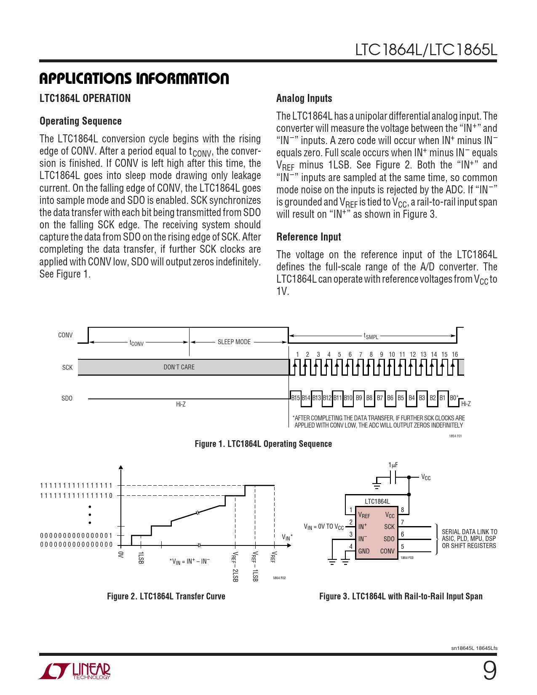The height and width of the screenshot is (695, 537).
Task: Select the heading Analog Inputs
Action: (304, 99)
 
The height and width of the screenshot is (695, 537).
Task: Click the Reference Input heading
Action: (309, 237)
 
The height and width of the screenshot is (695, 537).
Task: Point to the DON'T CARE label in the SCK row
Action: (179, 367)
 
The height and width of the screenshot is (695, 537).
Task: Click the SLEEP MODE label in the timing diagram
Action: (234, 342)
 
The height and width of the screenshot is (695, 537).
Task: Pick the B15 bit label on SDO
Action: (296, 398)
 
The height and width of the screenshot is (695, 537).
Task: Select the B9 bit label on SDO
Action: (359, 398)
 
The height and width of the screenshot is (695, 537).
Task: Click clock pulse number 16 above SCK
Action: (455, 355)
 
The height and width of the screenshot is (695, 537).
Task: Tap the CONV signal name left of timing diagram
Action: (65, 335)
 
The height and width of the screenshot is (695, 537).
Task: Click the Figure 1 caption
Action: (263, 444)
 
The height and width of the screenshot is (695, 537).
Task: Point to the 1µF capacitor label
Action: (393, 465)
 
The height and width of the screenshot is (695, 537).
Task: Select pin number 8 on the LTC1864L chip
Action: (402, 510)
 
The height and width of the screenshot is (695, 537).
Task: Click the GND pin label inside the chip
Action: (364, 551)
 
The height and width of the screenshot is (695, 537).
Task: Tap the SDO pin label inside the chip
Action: (389, 539)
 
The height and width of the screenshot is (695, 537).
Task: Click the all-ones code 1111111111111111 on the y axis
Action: (76, 486)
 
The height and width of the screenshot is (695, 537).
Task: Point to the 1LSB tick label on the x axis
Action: (141, 557)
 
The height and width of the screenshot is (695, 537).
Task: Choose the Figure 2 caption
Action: (166, 596)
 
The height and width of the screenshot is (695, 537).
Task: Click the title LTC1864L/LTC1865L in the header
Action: (426, 50)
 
